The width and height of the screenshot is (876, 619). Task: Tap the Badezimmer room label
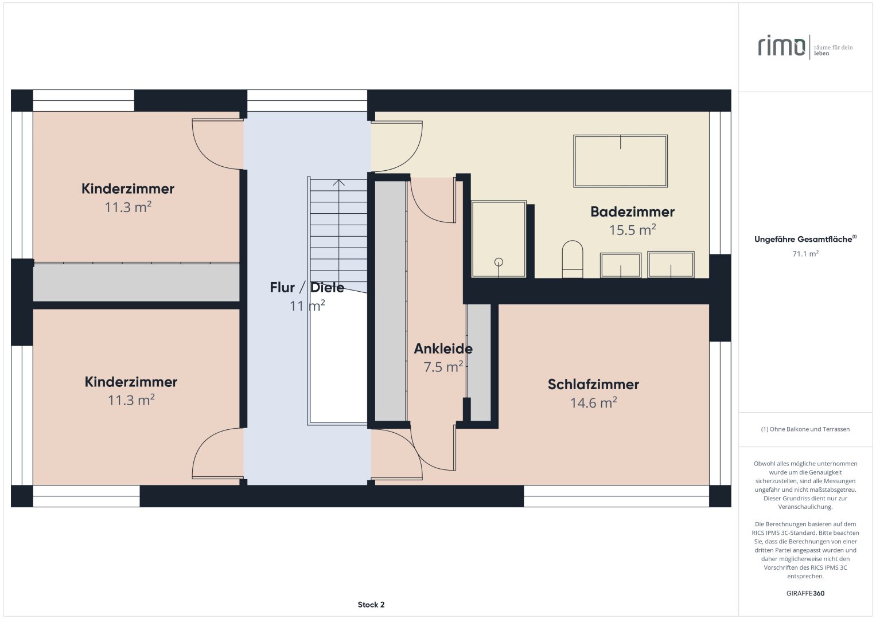click(x=632, y=212)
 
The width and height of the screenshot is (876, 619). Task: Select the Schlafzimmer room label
click(x=593, y=384)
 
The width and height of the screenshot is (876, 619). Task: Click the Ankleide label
click(x=443, y=348)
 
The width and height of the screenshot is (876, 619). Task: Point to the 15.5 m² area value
click(x=632, y=230)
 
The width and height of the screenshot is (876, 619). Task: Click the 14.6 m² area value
click(x=593, y=402)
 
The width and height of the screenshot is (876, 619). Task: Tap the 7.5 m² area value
click(x=443, y=367)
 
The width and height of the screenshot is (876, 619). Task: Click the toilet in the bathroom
click(x=573, y=260)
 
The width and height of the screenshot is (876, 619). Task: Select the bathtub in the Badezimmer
click(x=620, y=161)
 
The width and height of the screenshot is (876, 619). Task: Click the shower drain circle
click(x=499, y=263)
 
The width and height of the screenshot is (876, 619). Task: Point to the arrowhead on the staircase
click(x=338, y=182)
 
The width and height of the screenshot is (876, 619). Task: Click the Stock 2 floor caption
click(x=371, y=605)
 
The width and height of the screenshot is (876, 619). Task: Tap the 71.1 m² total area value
click(x=805, y=253)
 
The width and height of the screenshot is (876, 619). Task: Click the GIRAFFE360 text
click(x=805, y=593)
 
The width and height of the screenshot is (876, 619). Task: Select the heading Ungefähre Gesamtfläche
click(x=803, y=239)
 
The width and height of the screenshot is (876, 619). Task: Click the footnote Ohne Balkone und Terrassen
click(x=805, y=429)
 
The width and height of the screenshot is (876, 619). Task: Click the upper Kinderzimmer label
click(x=128, y=189)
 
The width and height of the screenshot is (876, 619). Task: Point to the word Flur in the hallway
click(x=282, y=288)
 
